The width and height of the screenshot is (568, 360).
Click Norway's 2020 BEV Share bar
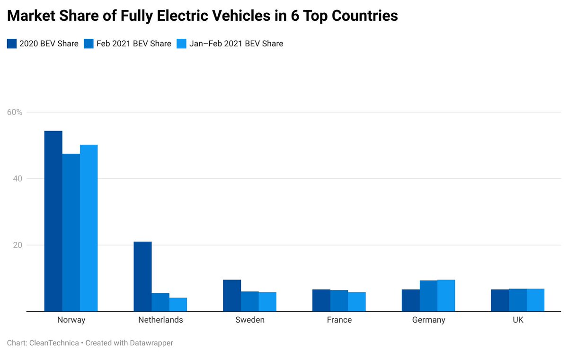pos(53,221)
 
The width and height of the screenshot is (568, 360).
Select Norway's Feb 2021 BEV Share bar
pos(71,232)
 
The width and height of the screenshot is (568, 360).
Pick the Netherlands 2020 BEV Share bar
pos(142,276)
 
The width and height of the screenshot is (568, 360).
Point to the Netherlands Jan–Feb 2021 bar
pos(178,304)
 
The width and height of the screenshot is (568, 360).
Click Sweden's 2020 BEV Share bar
pos(232,295)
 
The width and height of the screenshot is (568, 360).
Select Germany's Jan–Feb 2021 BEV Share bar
pos(446,295)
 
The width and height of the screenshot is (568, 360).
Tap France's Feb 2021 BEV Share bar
pos(339,300)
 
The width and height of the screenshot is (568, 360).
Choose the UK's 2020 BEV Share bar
pos(500,300)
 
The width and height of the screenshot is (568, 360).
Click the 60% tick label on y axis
pos(15,112)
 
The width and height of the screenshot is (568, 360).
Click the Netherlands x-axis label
pos(160,320)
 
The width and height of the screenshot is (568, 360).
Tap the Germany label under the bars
pos(428,320)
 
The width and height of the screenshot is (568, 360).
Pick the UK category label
pos(518,320)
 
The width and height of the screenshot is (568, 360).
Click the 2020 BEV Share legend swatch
pos(12,44)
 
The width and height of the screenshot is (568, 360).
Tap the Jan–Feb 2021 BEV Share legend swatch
pos(182,44)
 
